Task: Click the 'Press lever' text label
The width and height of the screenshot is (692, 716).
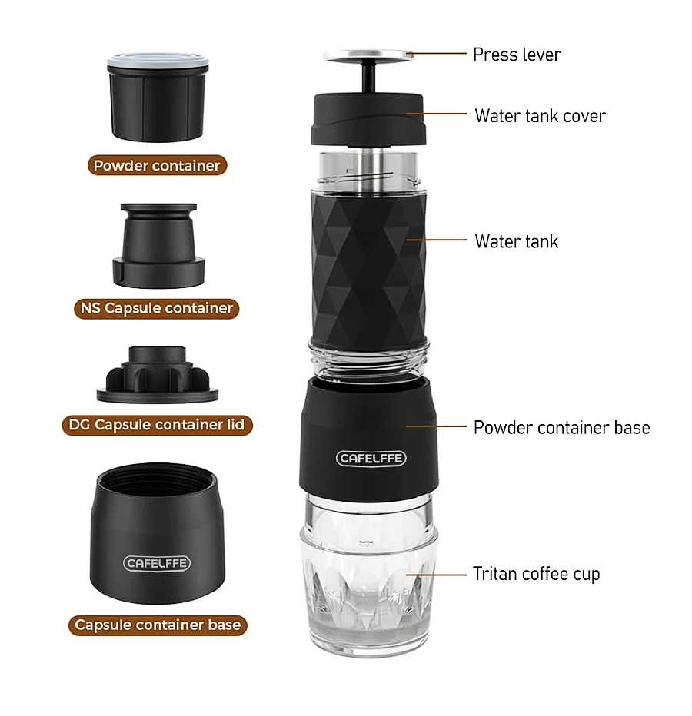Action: click(517, 55)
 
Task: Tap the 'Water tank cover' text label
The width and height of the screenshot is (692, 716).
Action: click(540, 116)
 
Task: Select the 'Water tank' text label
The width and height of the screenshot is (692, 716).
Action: click(517, 241)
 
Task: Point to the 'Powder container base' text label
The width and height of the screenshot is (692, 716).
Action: click(561, 428)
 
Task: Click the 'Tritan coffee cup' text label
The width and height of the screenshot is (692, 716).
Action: click(536, 574)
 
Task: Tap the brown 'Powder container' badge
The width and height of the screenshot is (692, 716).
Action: click(157, 165)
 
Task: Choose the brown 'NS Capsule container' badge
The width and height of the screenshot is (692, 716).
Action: click(157, 308)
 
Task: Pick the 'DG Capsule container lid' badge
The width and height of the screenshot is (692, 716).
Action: click(157, 424)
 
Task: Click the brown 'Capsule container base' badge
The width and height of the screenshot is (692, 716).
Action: click(157, 625)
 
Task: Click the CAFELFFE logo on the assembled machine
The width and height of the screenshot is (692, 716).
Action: click(371, 459)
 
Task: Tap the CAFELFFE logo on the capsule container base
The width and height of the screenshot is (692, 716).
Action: click(157, 563)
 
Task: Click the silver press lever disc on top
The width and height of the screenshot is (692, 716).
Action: click(368, 55)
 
